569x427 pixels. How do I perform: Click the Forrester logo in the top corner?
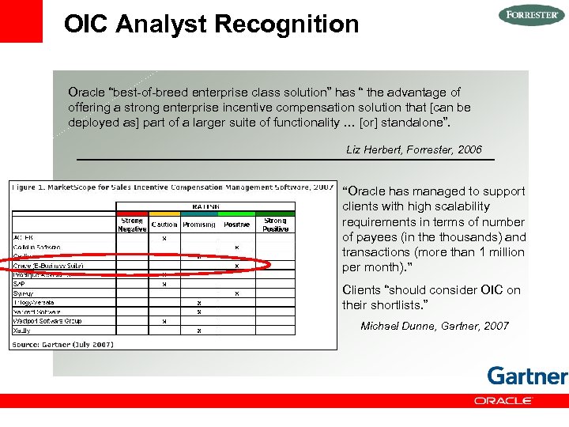point(532,15)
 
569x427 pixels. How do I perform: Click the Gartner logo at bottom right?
point(527,376)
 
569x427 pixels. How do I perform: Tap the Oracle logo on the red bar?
point(503,401)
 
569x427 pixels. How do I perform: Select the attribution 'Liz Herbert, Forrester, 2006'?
point(413,149)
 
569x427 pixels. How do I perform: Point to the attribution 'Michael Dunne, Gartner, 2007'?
point(435,326)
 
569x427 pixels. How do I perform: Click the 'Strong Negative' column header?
point(132,225)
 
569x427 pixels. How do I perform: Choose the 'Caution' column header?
point(164,225)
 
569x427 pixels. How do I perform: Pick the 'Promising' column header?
point(198,225)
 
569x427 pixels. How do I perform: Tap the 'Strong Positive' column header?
point(276,225)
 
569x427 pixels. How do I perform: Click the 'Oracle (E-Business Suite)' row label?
point(48,266)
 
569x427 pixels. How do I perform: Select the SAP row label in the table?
point(19,284)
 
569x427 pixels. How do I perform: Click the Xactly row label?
point(22,331)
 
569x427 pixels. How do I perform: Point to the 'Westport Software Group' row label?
point(47,321)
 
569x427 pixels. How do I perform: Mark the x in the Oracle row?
point(236,266)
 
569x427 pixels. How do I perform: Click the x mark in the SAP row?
point(164,284)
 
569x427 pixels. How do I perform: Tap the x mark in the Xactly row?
point(198,331)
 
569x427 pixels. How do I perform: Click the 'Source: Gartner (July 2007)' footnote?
point(62,344)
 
